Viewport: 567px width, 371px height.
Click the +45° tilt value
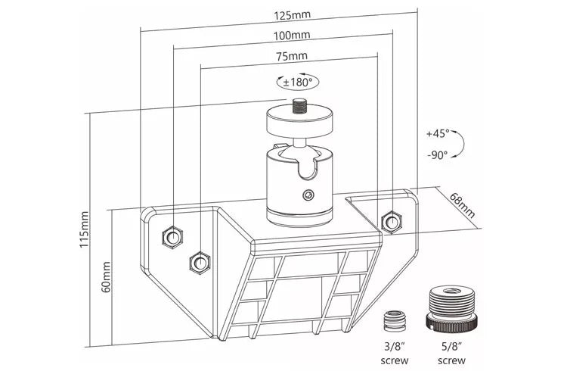436,133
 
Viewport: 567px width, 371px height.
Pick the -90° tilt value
436,154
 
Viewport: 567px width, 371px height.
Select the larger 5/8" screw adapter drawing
453,308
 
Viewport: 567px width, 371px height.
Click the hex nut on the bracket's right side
391,221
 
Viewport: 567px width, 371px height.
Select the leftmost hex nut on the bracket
172,236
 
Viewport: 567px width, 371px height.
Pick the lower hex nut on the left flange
200,262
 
